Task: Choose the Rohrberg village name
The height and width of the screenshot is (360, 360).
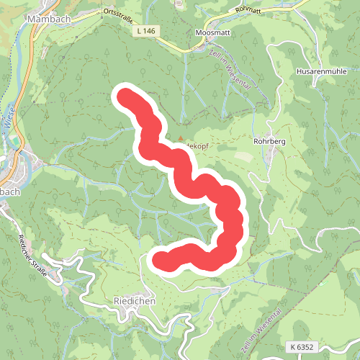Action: click(x=270, y=142)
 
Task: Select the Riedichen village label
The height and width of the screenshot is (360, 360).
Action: click(x=135, y=302)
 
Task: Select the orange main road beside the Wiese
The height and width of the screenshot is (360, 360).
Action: click(x=27, y=79)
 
